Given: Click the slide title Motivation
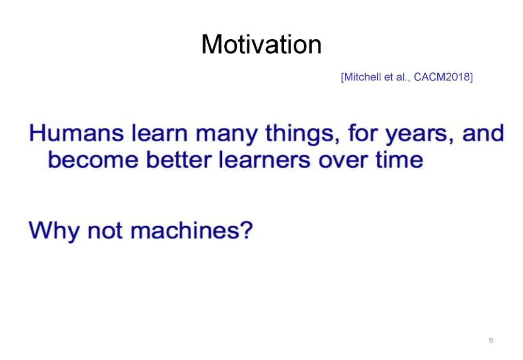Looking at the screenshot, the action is (x=261, y=45).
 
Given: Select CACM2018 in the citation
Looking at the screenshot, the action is (x=442, y=77).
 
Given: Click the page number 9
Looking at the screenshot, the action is (x=491, y=340).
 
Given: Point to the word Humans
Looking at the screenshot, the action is (x=76, y=133).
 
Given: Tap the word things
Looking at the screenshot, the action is (x=303, y=135).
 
